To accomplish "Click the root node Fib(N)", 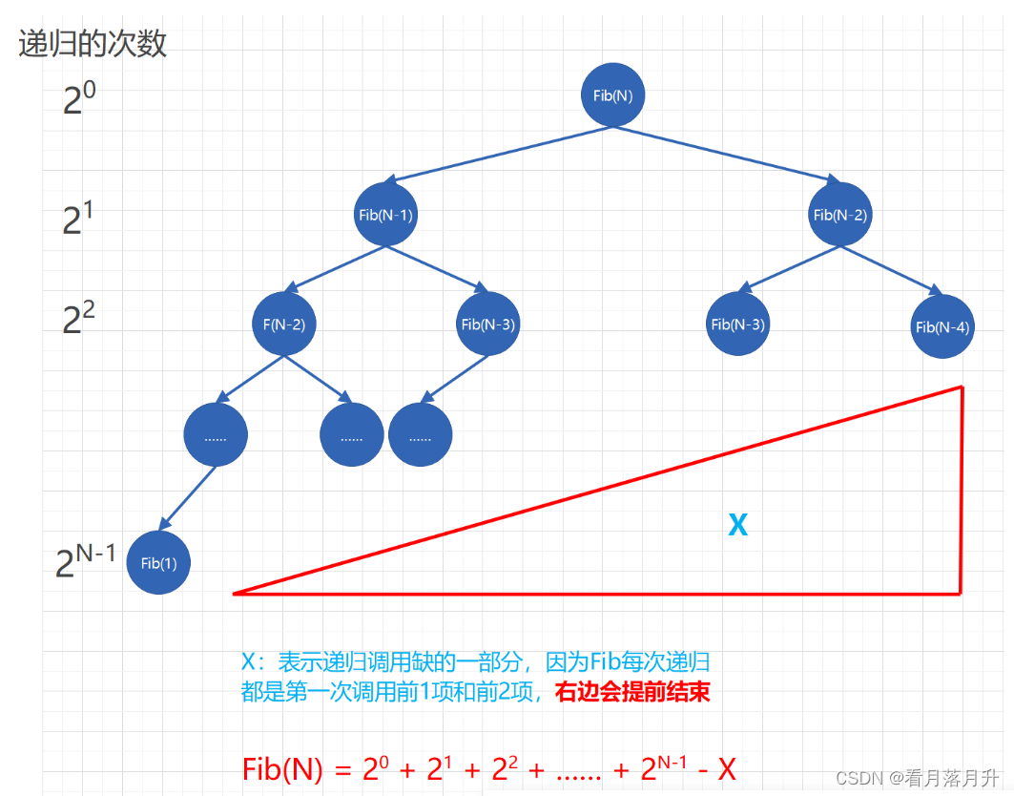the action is (x=612, y=95).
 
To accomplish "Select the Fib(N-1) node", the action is (x=385, y=214).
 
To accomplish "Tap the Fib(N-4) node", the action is (x=942, y=326).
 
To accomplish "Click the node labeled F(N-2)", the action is (x=284, y=324).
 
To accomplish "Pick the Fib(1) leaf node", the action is (x=158, y=562).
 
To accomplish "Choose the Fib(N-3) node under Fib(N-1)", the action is (x=488, y=324).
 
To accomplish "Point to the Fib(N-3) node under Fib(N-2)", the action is (x=737, y=324).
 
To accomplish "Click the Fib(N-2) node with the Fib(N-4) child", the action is (x=840, y=214).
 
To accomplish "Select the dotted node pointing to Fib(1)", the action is (x=216, y=434).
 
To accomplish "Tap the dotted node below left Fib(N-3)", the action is (x=421, y=434).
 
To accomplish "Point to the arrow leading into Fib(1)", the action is (x=188, y=498).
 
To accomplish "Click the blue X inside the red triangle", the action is (x=738, y=524).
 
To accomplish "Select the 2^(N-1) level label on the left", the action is (x=86, y=560).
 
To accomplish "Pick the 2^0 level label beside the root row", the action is (x=79, y=98).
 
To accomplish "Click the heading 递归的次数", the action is (x=93, y=44).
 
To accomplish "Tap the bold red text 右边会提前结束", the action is (x=632, y=692).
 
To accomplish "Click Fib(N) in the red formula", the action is (x=282, y=769).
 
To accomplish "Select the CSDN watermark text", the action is (x=917, y=777).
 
